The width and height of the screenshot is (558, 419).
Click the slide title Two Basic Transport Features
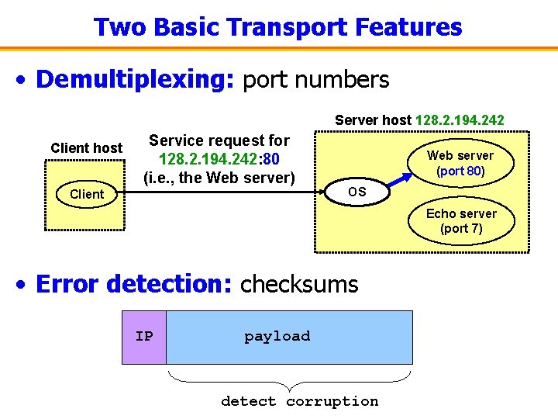277,27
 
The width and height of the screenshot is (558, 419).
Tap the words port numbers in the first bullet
316,79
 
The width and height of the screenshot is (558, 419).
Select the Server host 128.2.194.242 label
419,120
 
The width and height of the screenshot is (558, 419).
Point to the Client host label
86,147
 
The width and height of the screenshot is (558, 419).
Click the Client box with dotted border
86,195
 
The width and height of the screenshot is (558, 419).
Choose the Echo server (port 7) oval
461,221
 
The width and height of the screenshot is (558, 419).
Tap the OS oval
357,192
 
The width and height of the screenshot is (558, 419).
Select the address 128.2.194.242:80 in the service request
219,159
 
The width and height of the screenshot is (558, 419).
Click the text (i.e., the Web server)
219,178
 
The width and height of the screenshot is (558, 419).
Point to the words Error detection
133,284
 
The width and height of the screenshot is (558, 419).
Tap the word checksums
299,284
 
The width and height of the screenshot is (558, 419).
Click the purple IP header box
144,337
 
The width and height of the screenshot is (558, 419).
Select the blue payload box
289,337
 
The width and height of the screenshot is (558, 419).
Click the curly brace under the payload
289,379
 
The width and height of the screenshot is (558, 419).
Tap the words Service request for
219,140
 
